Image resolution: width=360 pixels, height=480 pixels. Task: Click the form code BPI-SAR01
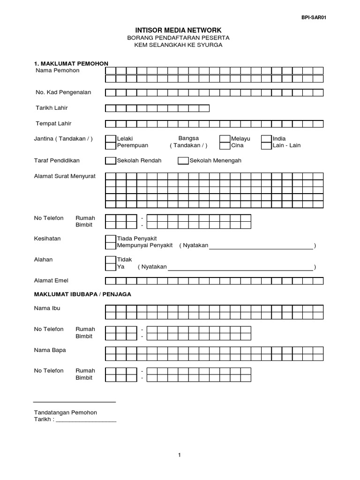tap(313, 18)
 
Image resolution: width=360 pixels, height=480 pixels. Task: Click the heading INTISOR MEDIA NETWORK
tap(178, 30)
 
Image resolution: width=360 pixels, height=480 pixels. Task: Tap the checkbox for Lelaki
tap(110, 139)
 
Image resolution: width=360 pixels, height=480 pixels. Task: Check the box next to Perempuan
tap(110, 145)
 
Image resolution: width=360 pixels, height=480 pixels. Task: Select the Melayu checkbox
tap(225, 139)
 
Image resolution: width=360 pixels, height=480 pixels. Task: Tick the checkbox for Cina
tap(225, 145)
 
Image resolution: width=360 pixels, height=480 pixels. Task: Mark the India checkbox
tap(266, 139)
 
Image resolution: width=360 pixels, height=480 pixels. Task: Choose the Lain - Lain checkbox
tap(266, 145)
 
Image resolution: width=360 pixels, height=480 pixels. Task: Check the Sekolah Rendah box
tap(110, 161)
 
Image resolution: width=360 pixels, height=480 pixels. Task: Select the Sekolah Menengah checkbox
tap(183, 161)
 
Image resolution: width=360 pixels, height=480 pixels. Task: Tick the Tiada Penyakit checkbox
tap(110, 239)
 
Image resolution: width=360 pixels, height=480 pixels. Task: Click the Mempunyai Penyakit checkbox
tap(110, 246)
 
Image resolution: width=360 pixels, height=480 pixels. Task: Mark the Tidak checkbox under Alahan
tap(110, 260)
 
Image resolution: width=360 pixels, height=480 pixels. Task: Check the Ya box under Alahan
tap(110, 267)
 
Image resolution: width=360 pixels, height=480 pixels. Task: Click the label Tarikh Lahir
tap(52, 108)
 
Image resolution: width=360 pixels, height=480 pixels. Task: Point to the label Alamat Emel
tap(51, 281)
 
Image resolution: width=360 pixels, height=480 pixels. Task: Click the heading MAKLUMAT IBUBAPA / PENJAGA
tap(82, 294)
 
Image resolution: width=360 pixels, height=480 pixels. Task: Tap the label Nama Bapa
tap(50, 350)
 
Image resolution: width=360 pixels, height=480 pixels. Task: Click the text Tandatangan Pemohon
tap(66, 412)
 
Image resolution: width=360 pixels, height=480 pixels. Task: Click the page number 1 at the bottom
tap(180, 455)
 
